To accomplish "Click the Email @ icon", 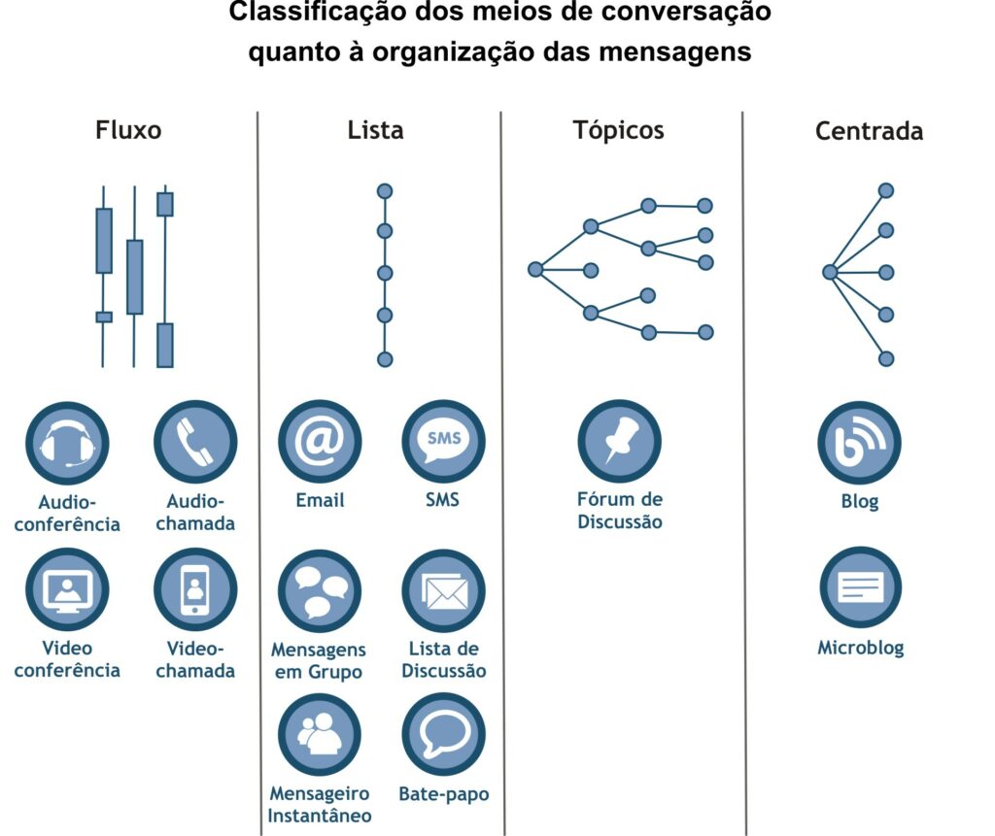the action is point(320,442).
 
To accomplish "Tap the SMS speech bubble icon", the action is point(443,442).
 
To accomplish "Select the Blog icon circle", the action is point(859,443).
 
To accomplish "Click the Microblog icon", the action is point(861,587).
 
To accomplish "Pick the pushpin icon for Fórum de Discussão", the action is point(619,442).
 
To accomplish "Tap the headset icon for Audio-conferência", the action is point(67,444).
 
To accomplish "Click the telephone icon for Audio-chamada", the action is point(195,442).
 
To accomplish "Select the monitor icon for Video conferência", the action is point(67,590).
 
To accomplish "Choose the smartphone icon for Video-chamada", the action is point(195,590).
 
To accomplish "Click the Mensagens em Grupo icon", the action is point(320,591).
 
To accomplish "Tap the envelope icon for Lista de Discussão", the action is point(443,591).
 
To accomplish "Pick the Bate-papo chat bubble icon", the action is point(443,734).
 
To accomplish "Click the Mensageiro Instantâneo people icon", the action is point(320,734).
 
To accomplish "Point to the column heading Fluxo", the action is point(128,130).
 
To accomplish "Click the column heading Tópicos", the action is point(619,131).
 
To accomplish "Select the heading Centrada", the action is point(870,131).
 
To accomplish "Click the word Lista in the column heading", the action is point(376,130).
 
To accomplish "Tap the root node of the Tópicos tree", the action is point(535,270).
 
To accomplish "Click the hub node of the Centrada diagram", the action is point(830,272).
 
